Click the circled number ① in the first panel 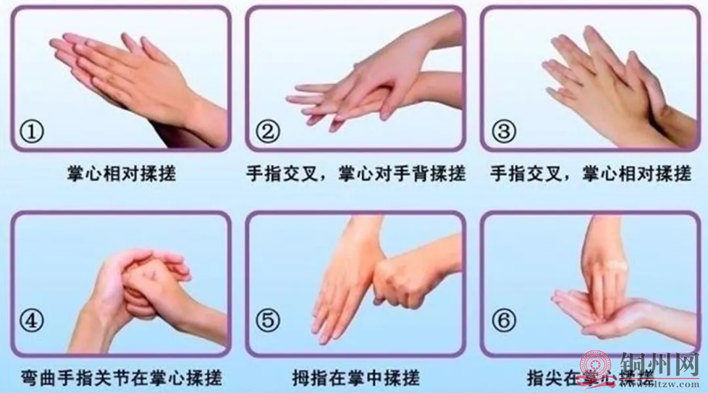[32, 132]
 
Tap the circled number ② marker [267, 132]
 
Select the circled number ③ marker [503, 132]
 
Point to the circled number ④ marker [32, 322]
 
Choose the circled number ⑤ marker [267, 322]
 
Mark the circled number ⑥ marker [503, 322]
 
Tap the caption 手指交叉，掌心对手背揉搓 [355, 174]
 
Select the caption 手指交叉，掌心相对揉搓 [590, 174]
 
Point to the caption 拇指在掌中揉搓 [355, 378]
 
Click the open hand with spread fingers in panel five [341, 288]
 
